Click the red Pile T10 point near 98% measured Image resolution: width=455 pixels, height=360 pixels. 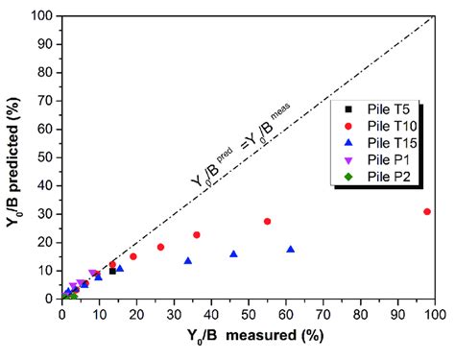point(427,211)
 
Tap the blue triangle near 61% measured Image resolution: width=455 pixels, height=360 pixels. point(290,250)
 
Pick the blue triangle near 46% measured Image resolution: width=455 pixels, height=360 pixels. point(233,253)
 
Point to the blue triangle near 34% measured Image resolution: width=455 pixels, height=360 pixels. point(188,260)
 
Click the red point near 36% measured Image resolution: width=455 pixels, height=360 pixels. point(197,234)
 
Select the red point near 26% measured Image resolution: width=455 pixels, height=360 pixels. point(160,247)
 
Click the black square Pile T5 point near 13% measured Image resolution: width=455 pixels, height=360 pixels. point(112,271)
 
